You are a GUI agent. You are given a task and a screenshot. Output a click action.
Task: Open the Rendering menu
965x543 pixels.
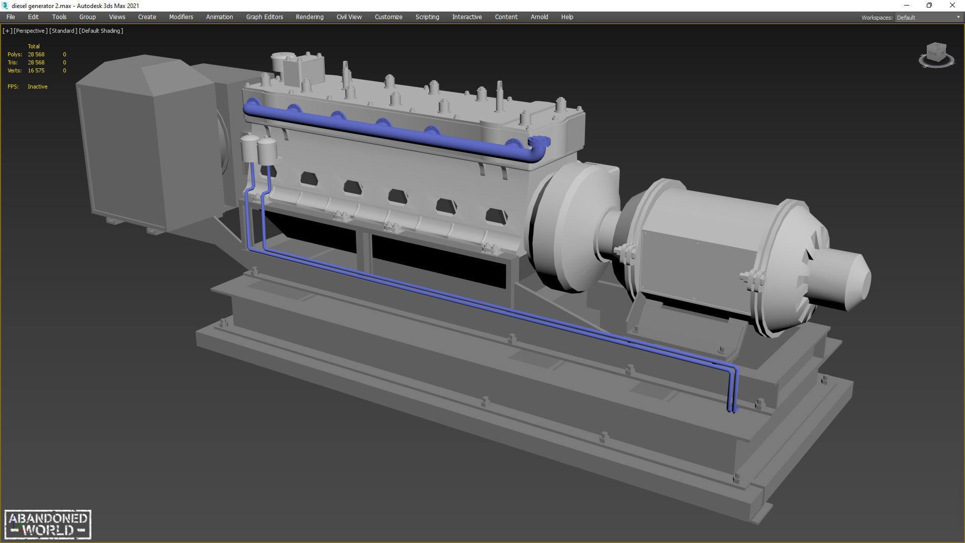tap(309, 17)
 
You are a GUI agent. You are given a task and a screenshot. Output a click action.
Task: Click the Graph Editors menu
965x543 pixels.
tap(264, 17)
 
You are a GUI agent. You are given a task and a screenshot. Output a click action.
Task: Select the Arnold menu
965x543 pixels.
tap(539, 17)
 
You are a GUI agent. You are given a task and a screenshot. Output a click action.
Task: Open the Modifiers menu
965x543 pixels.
tap(181, 17)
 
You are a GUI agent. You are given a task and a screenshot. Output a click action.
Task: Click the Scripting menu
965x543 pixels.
tap(427, 17)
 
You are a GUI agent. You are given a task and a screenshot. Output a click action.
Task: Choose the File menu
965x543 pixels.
tap(11, 17)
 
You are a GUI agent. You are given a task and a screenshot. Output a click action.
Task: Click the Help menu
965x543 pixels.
tap(567, 17)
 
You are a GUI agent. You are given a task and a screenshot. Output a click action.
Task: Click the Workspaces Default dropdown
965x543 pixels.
tap(928, 18)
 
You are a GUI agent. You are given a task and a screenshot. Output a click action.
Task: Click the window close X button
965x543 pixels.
tap(952, 6)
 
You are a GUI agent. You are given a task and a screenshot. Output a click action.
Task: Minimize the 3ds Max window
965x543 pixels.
tap(907, 6)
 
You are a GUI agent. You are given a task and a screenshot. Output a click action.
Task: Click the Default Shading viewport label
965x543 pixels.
tap(101, 31)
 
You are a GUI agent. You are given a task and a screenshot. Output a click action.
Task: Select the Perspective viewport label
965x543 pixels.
tap(31, 31)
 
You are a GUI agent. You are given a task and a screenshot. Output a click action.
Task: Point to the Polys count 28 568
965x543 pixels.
tap(36, 54)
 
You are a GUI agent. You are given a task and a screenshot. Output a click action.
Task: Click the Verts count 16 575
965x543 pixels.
tap(36, 70)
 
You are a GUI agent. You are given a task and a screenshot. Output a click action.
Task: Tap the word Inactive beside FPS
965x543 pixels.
tap(38, 86)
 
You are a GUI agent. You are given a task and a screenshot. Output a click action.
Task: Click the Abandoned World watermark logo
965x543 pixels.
tap(48, 524)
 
